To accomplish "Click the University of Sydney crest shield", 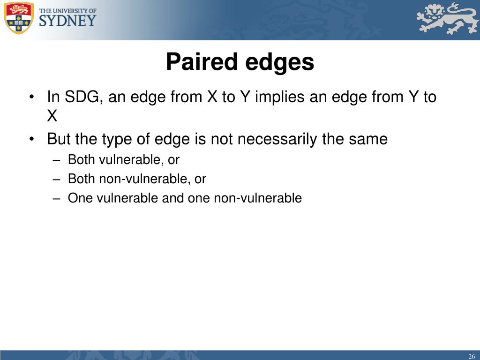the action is pyautogui.click(x=18, y=18).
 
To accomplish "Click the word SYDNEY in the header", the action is pyautogui.click(x=67, y=21).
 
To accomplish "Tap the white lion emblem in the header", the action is pyautogui.click(x=447, y=18).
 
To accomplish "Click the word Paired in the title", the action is pyautogui.click(x=202, y=61).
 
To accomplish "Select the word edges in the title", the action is pyautogui.click(x=280, y=63).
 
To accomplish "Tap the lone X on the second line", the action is pyautogui.click(x=52, y=116).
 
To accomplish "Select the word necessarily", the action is pyautogui.click(x=277, y=140).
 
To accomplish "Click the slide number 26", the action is pyautogui.click(x=472, y=356).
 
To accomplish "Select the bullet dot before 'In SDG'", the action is pyautogui.click(x=31, y=97).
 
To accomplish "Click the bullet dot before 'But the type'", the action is pyautogui.click(x=31, y=139).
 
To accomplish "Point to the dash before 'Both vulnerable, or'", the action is pyautogui.click(x=56, y=160).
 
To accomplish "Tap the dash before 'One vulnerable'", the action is pyautogui.click(x=56, y=199).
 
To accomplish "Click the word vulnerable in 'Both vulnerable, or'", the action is pyautogui.click(x=131, y=159).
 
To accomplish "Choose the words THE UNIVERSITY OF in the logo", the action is pyautogui.click(x=67, y=11).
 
